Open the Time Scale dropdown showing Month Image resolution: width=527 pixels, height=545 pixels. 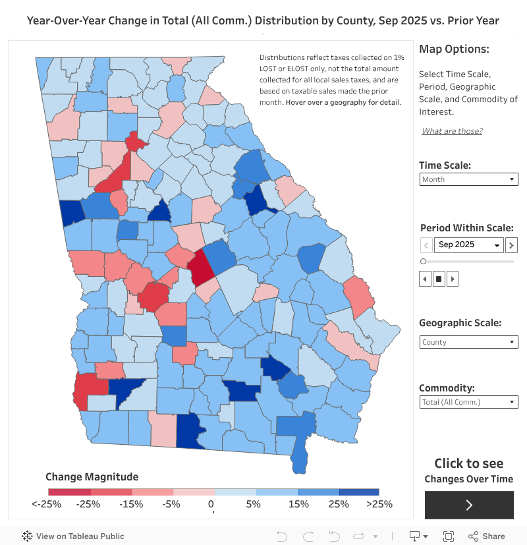tap(468, 179)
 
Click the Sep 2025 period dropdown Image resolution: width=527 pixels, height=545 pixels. tap(469, 245)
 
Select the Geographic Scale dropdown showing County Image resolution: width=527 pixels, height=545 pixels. tap(468, 342)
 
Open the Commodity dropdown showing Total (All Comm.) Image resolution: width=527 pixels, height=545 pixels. tap(468, 402)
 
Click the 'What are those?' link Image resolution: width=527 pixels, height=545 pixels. tap(452, 131)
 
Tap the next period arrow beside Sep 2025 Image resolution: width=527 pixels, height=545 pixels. tap(511, 245)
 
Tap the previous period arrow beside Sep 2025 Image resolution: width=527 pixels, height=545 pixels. tap(426, 245)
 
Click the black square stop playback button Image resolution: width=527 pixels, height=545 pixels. tap(439, 279)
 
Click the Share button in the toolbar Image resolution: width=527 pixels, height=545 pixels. tap(487, 536)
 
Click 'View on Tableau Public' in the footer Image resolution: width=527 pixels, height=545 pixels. tap(73, 536)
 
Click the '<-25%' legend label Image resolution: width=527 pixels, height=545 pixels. tap(46, 504)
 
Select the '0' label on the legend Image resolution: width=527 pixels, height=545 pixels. tap(211, 504)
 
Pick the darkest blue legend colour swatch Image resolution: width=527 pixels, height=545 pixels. tap(359, 492)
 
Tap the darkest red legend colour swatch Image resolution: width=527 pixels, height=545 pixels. tap(69, 492)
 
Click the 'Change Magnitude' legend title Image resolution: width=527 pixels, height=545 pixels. tap(92, 476)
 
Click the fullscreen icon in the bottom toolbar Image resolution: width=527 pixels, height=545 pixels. tap(449, 536)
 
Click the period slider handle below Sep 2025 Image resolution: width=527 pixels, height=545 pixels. tap(423, 262)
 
